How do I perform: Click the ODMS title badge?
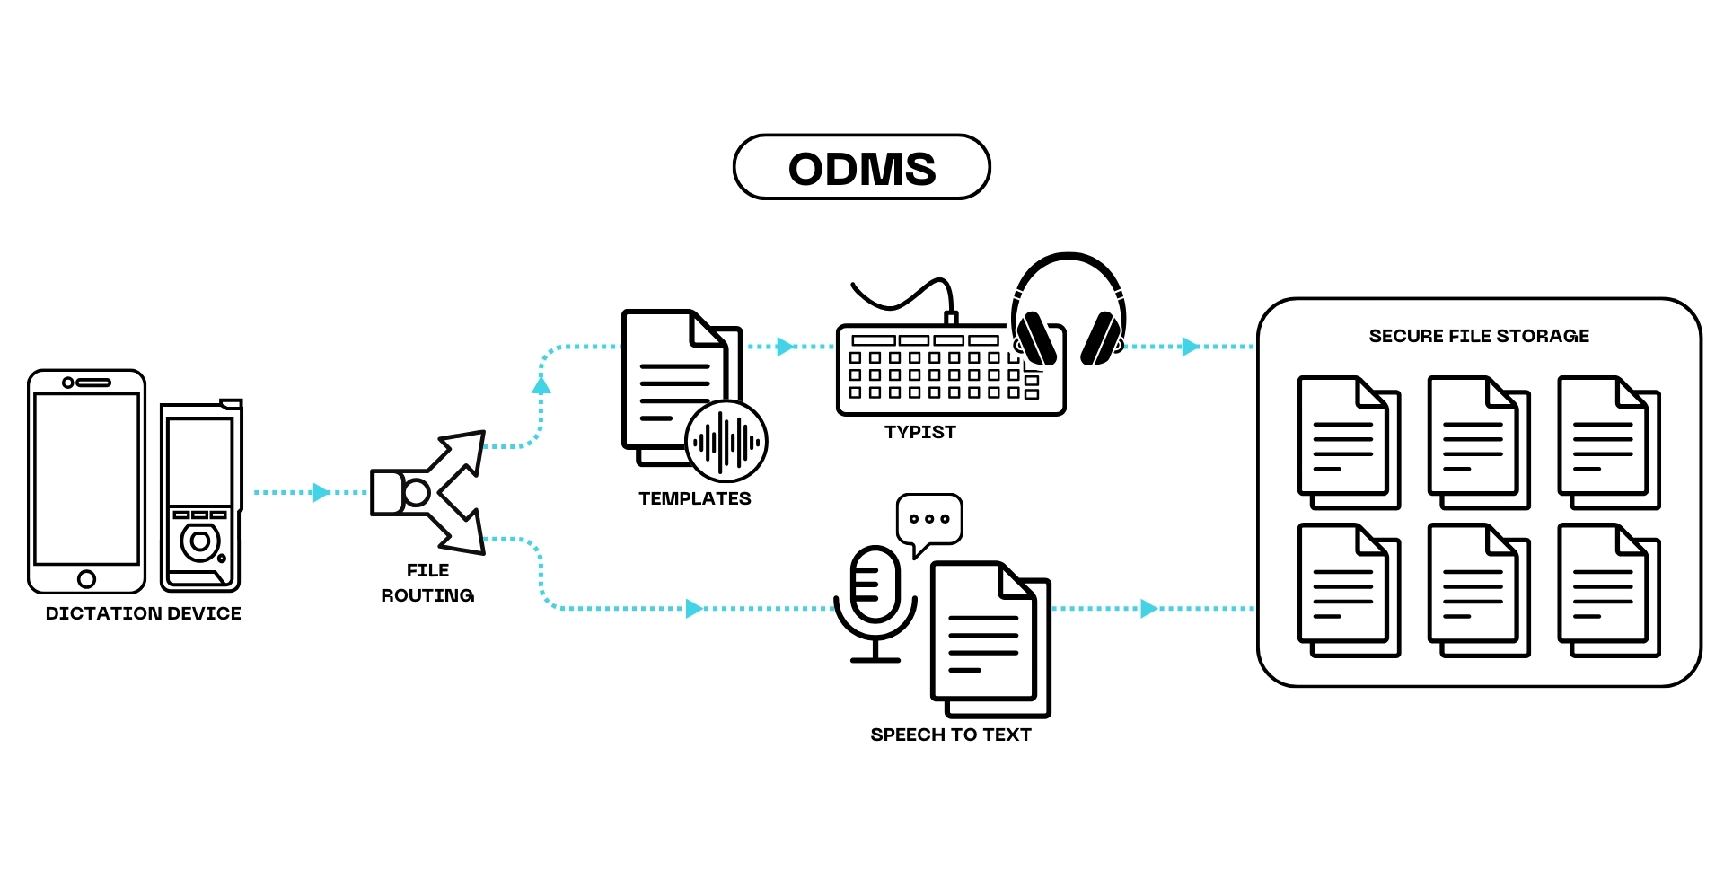(862, 167)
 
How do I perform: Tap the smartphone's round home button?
(86, 579)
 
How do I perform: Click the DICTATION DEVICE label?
(144, 613)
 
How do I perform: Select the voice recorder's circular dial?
(200, 541)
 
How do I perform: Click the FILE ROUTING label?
(427, 583)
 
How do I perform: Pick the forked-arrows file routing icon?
(428, 492)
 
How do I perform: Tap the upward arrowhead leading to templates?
(541, 384)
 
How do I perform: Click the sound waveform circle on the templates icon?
(726, 442)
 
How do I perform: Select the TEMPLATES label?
(695, 498)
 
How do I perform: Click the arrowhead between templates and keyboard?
(786, 346)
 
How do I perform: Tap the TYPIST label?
(920, 432)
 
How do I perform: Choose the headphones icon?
(1069, 310)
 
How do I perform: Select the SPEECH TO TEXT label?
(951, 735)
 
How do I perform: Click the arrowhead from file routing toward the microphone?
(694, 609)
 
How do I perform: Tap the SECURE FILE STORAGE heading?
(1479, 336)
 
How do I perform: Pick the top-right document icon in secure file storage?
(1609, 443)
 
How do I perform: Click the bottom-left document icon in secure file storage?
(1350, 590)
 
